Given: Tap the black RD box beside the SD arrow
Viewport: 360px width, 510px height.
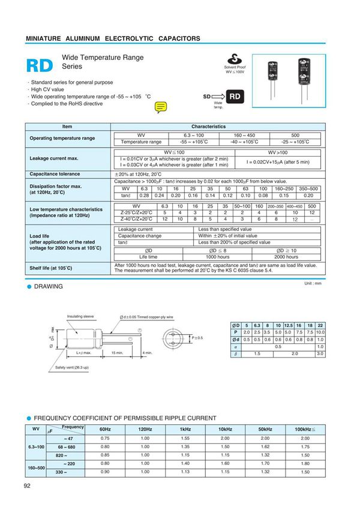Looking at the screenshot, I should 236,96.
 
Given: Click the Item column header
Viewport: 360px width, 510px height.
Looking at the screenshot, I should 67,127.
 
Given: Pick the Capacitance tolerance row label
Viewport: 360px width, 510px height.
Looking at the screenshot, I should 55,174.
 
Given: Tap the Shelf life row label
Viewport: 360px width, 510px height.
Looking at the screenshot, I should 51,268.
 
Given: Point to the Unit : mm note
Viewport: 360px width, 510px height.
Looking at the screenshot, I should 313,283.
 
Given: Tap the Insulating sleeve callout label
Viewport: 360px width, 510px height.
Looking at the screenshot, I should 80,316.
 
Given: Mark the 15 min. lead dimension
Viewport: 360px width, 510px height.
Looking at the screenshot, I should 117,353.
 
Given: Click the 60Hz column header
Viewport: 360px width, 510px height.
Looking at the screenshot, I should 105,430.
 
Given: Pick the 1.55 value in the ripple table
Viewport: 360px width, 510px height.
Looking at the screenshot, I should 185,439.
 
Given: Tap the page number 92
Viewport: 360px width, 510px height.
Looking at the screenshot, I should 28,486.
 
